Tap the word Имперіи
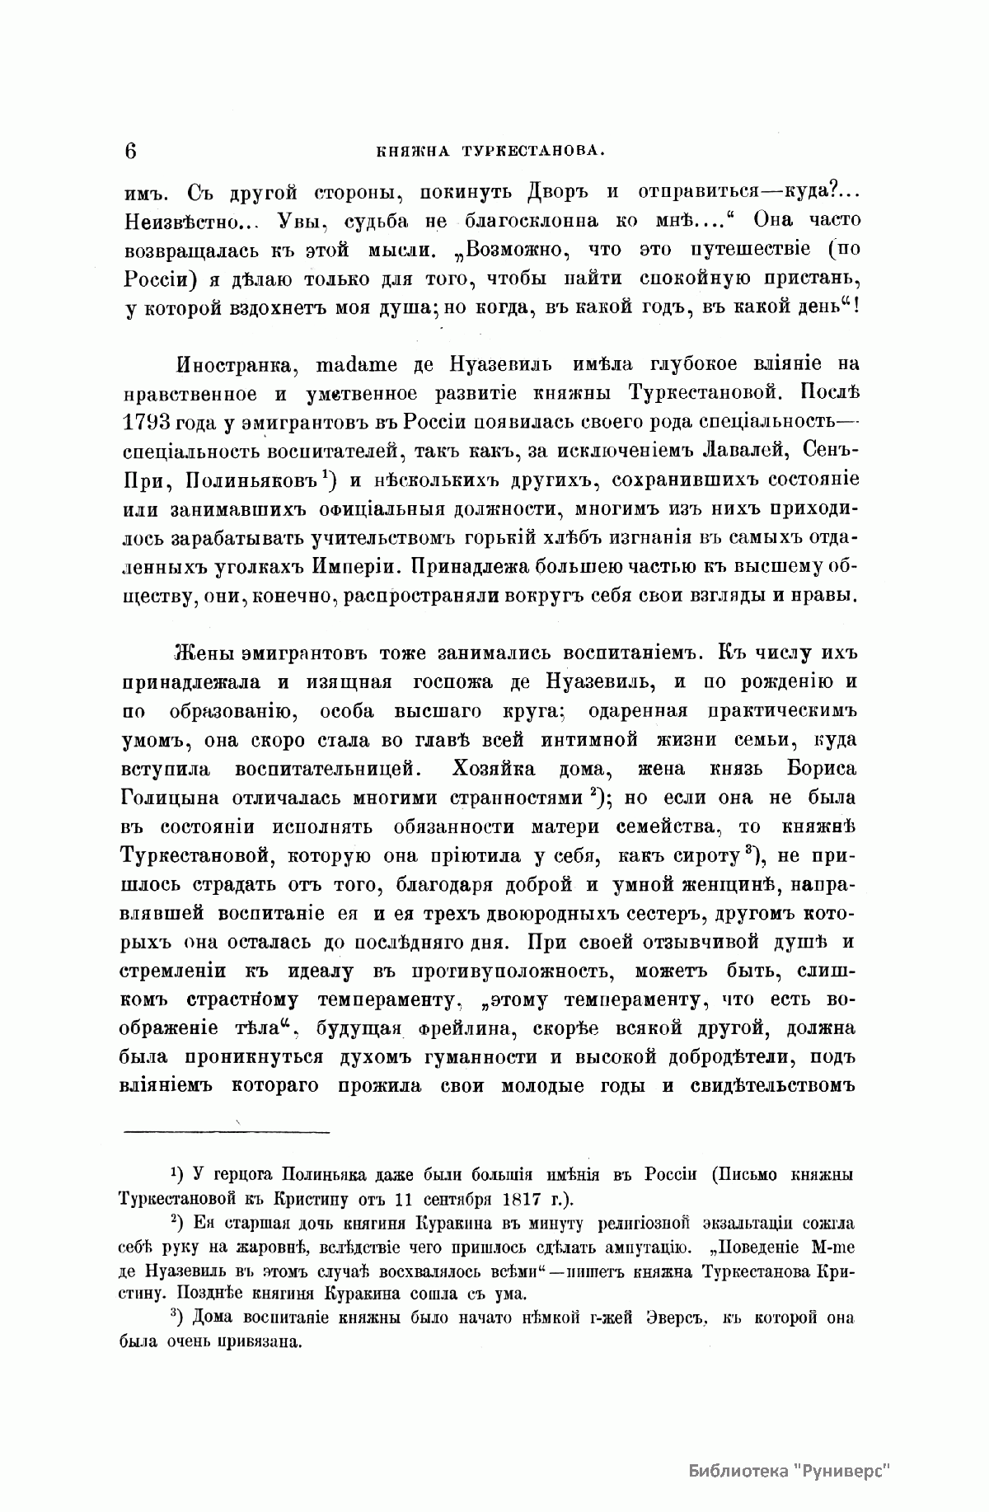(355, 566)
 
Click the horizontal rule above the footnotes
(226, 1131)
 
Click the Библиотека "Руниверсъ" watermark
(790, 1447)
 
